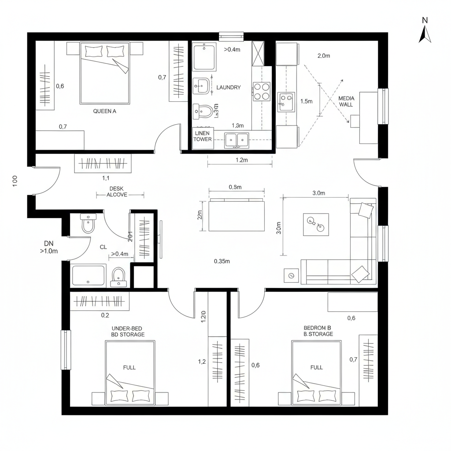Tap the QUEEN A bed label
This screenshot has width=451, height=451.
pyautogui.click(x=104, y=111)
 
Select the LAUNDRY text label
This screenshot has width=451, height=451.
pyautogui.click(x=229, y=88)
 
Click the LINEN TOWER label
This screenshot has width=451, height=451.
pyautogui.click(x=203, y=136)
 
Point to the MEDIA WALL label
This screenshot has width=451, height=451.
pyautogui.click(x=346, y=101)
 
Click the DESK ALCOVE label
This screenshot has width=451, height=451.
pyautogui.click(x=117, y=191)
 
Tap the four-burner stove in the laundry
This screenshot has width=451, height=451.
pyautogui.click(x=261, y=91)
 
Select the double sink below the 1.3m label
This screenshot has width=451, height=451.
pyautogui.click(x=237, y=140)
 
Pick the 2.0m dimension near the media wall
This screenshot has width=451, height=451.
pyautogui.click(x=324, y=55)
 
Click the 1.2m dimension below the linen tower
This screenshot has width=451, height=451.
pyautogui.click(x=240, y=160)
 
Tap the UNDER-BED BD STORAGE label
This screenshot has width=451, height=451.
pyautogui.click(x=128, y=331)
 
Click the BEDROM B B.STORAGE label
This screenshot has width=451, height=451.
pyautogui.click(x=318, y=331)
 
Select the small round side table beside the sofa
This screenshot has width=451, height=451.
pyautogui.click(x=291, y=275)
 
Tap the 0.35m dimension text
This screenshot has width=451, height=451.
pyautogui.click(x=222, y=261)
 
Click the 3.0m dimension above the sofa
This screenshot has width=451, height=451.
pyautogui.click(x=318, y=193)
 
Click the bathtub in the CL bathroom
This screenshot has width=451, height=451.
pyautogui.click(x=89, y=275)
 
